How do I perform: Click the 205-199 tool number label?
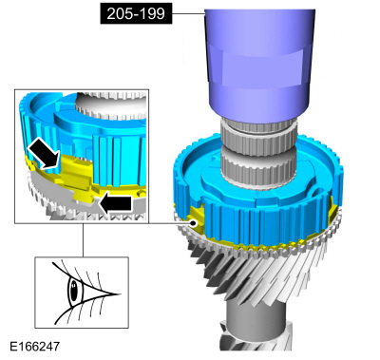pyautogui.click(x=136, y=13)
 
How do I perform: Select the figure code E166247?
pyautogui.click(x=35, y=346)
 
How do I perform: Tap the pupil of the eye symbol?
pyautogui.click(x=74, y=290)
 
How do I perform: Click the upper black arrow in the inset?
pyautogui.click(x=44, y=154)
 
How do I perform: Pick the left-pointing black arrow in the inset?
pyautogui.click(x=115, y=203)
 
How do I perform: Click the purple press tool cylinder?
pyautogui.click(x=259, y=64)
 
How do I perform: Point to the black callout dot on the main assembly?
pyautogui.click(x=193, y=223)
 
